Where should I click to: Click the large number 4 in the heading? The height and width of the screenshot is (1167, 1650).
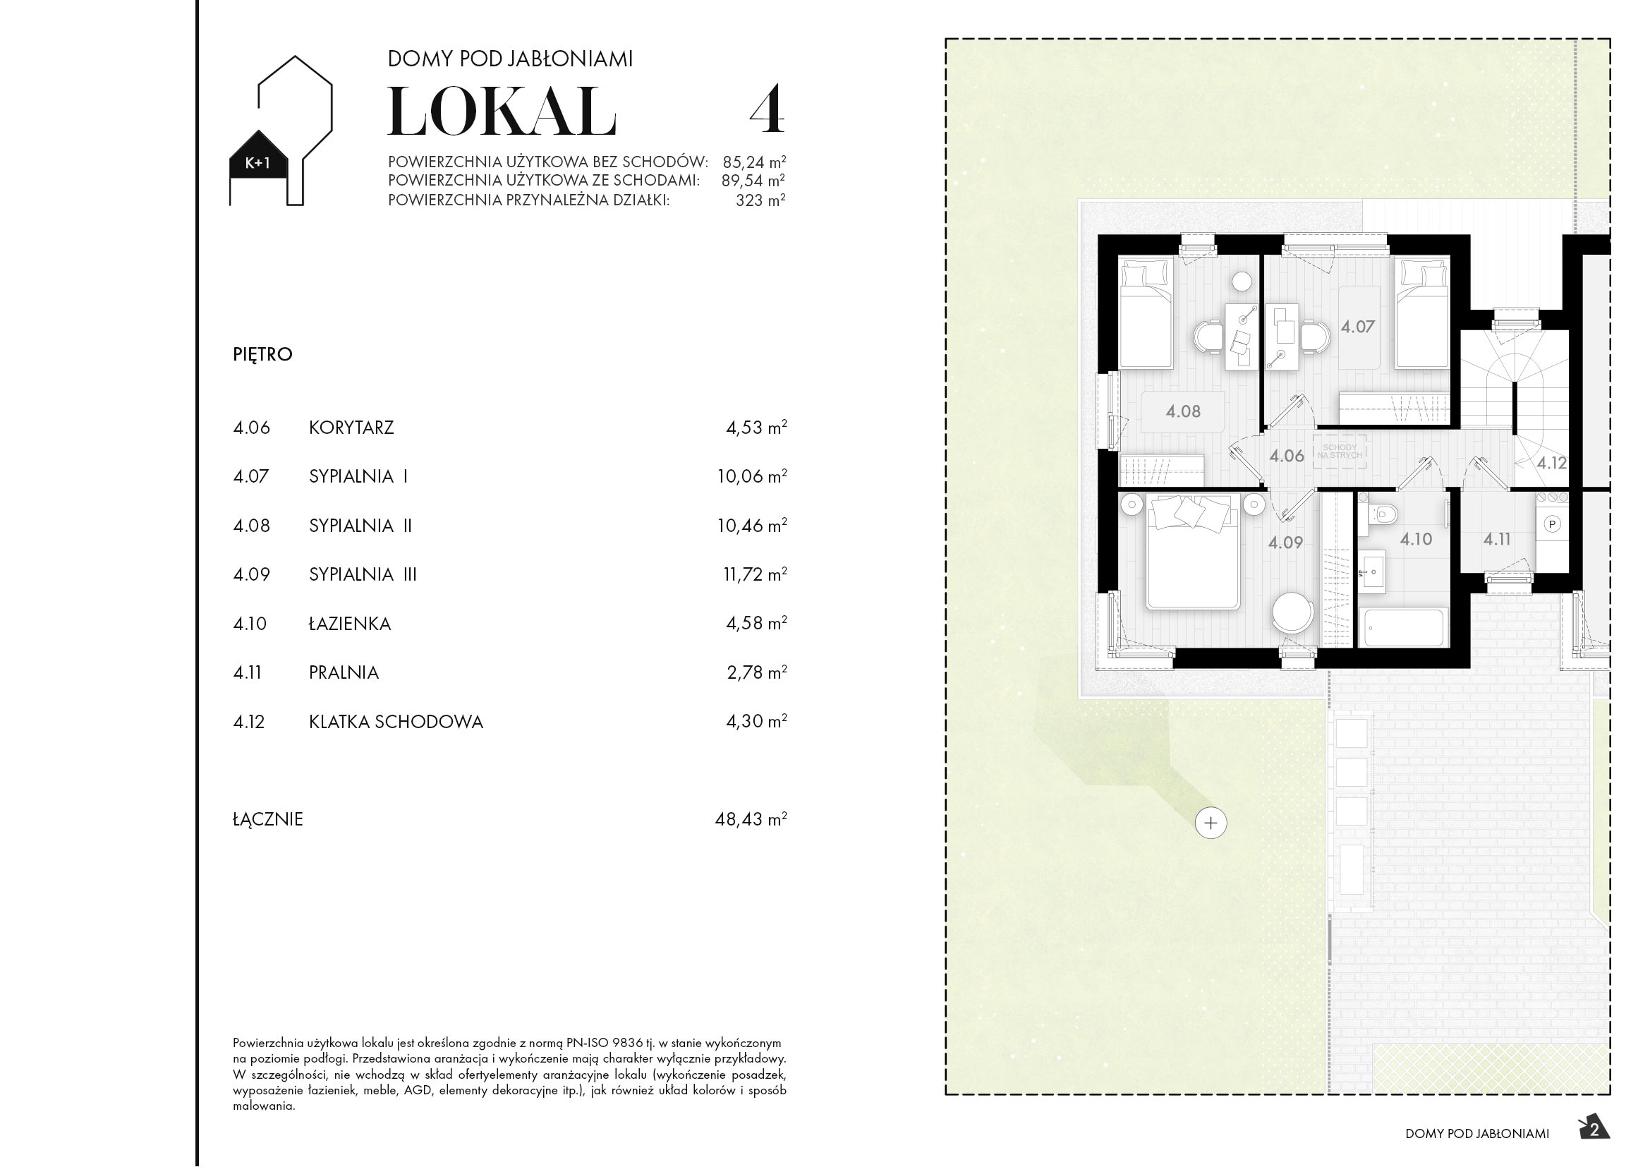767,110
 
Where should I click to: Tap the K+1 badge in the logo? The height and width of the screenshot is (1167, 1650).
258,163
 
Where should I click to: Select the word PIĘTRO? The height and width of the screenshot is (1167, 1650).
262,354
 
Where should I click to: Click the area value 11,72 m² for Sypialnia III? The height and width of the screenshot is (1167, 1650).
755,574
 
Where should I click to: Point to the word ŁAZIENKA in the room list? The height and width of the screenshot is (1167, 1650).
350,624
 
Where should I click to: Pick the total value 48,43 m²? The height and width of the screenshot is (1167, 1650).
751,819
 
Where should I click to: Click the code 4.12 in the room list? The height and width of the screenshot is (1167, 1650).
248,722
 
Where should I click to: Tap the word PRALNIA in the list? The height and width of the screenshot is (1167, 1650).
344,672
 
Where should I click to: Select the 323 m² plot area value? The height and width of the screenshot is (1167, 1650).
760,200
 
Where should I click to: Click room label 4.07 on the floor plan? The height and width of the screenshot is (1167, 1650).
1357,327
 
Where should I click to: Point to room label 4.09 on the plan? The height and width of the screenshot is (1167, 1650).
1285,543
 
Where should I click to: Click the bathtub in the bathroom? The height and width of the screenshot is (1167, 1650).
1402,627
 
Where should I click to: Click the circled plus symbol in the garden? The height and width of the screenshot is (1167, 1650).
1211,823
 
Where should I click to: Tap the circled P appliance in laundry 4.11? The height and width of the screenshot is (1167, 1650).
1552,524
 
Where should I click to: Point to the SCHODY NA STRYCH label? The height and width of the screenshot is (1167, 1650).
1340,452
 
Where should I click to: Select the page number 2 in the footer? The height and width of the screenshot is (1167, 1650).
1595,1130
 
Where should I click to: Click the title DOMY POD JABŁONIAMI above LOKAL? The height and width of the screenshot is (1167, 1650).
510,59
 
